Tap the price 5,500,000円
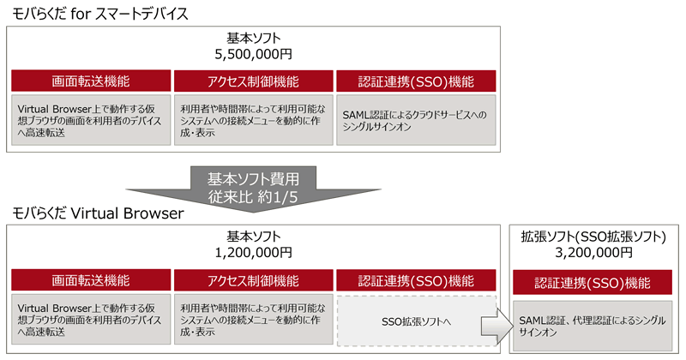(x=253, y=53)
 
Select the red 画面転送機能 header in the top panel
(x=91, y=81)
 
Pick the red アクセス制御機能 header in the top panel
(x=253, y=81)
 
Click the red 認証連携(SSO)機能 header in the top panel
(x=416, y=81)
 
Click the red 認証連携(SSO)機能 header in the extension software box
(x=593, y=283)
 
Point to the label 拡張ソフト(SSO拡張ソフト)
(x=593, y=236)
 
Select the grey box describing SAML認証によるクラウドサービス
(x=416, y=120)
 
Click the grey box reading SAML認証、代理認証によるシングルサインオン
(x=593, y=325)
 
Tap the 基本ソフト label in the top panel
(x=253, y=37)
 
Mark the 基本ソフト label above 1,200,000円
(x=253, y=236)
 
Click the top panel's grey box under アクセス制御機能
(x=253, y=120)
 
